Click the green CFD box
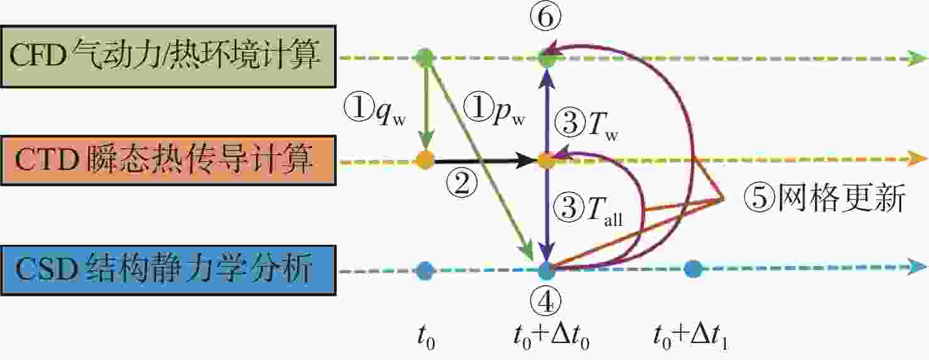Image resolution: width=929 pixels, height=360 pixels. tap(168, 57)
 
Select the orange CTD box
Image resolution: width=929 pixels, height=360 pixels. tap(168, 160)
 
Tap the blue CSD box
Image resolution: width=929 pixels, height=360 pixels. tap(168, 270)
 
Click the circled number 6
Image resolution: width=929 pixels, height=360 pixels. tap(546, 17)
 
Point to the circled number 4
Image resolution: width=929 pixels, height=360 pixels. tap(546, 301)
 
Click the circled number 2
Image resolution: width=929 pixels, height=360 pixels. tap(461, 184)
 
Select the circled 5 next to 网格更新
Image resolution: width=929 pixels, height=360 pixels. tap(760, 198)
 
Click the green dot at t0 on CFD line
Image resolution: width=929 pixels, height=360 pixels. tap(424, 57)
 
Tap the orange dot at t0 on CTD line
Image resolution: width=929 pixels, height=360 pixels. tap(425, 160)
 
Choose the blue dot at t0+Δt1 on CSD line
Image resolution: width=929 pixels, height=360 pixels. tap(692, 269)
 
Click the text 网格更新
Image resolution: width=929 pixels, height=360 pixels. tap(841, 198)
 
